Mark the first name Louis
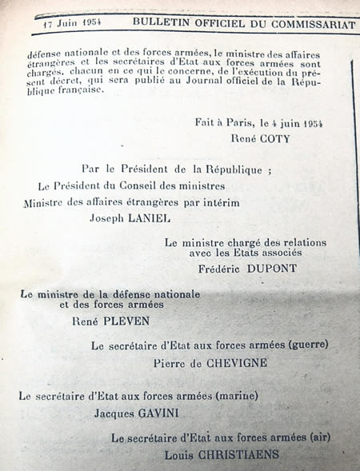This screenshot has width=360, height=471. point(182,454)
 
